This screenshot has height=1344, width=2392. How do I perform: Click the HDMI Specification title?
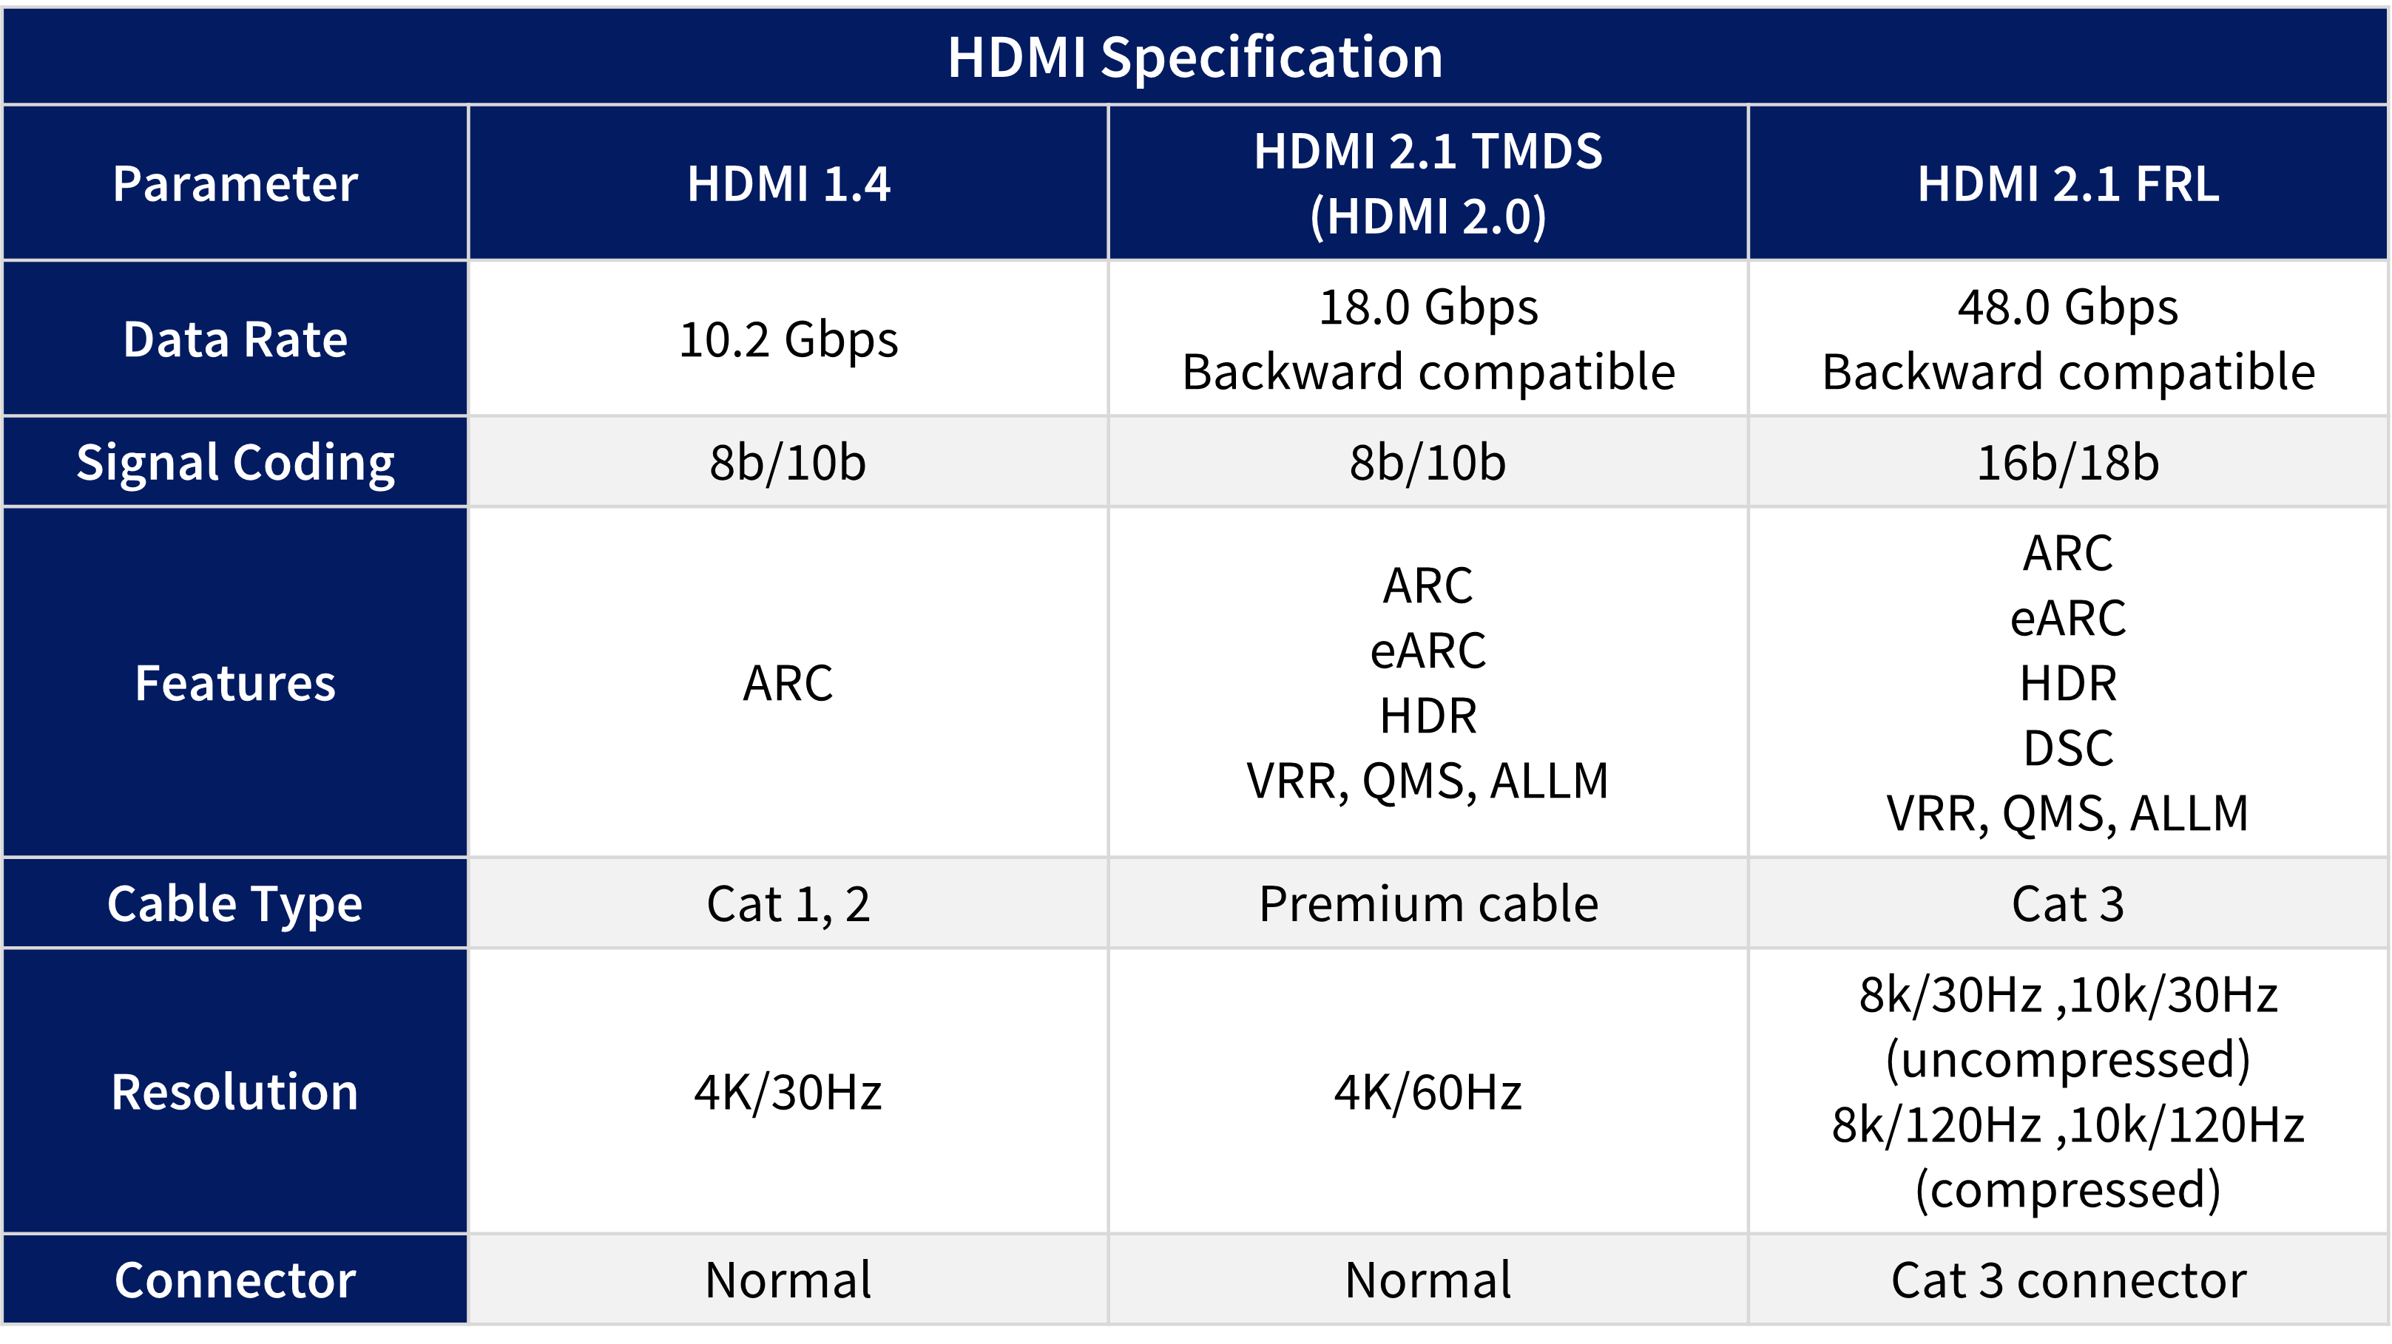(1195, 58)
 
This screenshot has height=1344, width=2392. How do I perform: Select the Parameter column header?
(235, 184)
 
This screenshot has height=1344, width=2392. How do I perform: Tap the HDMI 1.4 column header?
(788, 184)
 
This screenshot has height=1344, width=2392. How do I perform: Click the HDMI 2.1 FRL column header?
(2068, 184)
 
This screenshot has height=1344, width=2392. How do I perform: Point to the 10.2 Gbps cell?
(788, 340)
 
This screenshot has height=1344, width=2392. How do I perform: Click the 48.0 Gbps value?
(2068, 308)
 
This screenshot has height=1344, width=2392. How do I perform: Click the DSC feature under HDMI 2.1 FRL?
(2068, 748)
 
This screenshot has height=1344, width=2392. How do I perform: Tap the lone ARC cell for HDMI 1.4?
(788, 683)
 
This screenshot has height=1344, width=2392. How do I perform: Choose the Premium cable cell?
(1428, 904)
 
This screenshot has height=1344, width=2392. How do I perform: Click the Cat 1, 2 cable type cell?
(788, 904)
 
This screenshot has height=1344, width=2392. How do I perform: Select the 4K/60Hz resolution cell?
(1428, 1093)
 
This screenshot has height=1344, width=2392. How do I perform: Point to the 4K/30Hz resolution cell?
(788, 1093)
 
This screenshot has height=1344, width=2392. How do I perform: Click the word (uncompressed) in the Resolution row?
(2068, 1060)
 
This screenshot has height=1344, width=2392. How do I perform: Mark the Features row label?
(235, 683)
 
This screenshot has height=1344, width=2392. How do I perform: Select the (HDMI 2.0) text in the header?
(1428, 217)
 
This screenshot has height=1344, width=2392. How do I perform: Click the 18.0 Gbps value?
(1428, 308)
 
